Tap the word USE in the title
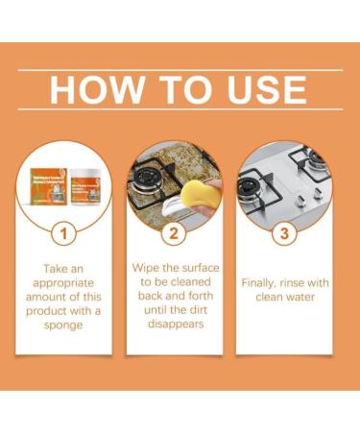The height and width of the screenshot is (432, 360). point(259,89)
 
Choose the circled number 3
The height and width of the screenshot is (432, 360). point(284,232)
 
